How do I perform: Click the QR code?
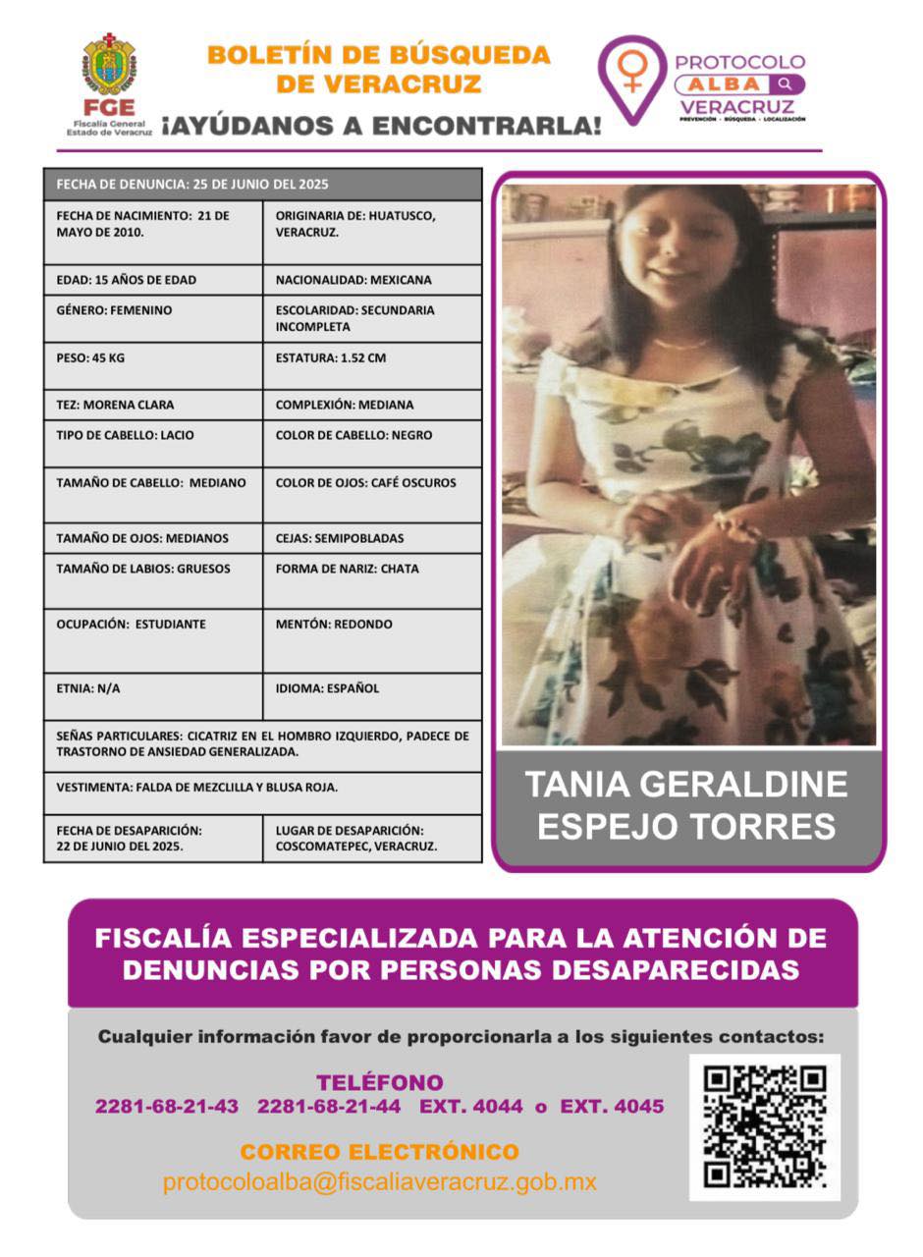pyautogui.click(x=765, y=1126)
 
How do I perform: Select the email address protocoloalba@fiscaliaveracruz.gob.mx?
pyautogui.click(x=380, y=1182)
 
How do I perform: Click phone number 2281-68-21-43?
pyautogui.click(x=167, y=1107)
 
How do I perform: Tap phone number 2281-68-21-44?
pyautogui.click(x=329, y=1107)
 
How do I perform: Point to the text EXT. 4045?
pyautogui.click(x=612, y=1107)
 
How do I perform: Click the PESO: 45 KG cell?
pyautogui.click(x=153, y=365)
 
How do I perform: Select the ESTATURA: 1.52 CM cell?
pyautogui.click(x=372, y=365)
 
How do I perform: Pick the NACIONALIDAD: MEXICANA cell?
pyautogui.click(x=372, y=280)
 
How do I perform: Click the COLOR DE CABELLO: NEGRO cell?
pyautogui.click(x=372, y=443)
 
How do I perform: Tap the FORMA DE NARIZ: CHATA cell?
pyautogui.click(x=372, y=580)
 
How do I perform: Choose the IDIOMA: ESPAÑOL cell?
pyautogui.click(x=372, y=696)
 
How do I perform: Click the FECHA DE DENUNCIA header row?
pyautogui.click(x=262, y=184)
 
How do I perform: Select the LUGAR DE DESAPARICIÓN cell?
pyautogui.click(x=372, y=838)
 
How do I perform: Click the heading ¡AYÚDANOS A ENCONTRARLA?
pyautogui.click(x=381, y=126)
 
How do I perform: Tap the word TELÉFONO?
pyautogui.click(x=380, y=1082)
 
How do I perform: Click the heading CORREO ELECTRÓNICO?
pyautogui.click(x=380, y=1152)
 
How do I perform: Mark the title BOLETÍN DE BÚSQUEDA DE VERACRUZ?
pyautogui.click(x=379, y=69)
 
